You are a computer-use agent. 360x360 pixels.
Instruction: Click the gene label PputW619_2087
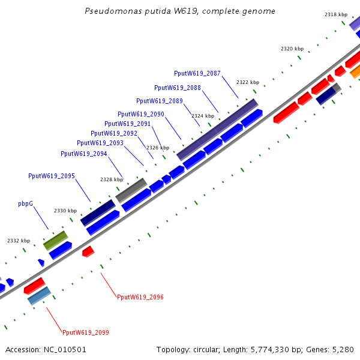tap(197, 73)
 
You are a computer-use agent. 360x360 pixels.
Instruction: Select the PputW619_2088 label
tap(178, 88)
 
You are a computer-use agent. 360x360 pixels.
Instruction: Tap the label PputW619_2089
tap(160, 101)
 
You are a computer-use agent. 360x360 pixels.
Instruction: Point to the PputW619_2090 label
tap(141, 114)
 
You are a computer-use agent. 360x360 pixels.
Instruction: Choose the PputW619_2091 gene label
tap(128, 124)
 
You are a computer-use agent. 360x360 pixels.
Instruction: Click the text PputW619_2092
tap(114, 133)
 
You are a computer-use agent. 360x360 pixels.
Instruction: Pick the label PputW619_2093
tap(100, 143)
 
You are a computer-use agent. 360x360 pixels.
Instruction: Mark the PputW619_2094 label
tap(84, 154)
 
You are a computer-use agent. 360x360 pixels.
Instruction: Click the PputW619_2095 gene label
tap(52, 176)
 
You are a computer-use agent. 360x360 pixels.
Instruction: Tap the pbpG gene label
tap(25, 204)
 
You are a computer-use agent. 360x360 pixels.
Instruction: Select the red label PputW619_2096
tap(140, 297)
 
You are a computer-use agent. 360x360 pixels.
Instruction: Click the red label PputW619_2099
tap(86, 332)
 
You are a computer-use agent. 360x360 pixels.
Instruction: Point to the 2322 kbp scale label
tap(248, 82)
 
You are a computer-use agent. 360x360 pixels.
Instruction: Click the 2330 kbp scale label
tap(65, 211)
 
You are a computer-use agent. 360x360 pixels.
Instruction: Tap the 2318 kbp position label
tap(336, 14)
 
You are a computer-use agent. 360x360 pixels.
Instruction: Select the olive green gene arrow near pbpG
tap(55, 240)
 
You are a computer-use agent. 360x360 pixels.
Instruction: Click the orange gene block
tap(356, 73)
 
